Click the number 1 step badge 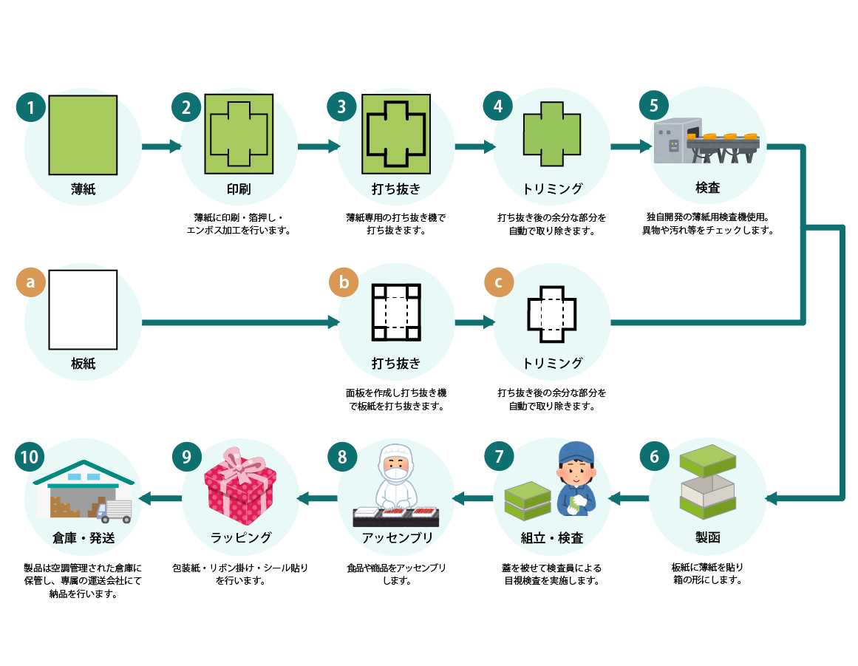pyautogui.click(x=30, y=106)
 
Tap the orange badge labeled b pyautogui.click(x=343, y=282)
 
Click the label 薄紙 pyautogui.click(x=84, y=188)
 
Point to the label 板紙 pyautogui.click(x=84, y=363)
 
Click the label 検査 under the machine pyautogui.click(x=707, y=188)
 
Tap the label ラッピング pyautogui.click(x=239, y=537)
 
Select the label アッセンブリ pyautogui.click(x=396, y=537)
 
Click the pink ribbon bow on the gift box pyautogui.click(x=239, y=461)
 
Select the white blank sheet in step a pyautogui.click(x=84, y=309)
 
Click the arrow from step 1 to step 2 pyautogui.click(x=161, y=146)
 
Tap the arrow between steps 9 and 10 pyautogui.click(x=160, y=498)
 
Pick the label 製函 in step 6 pyautogui.click(x=707, y=537)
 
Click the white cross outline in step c pyautogui.click(x=551, y=314)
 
